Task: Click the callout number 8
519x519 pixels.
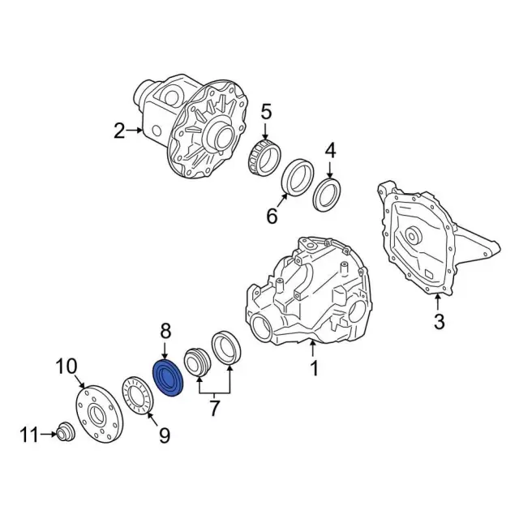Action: tap(165, 332)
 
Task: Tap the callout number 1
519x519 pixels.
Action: tap(314, 369)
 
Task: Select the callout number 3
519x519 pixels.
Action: tap(438, 321)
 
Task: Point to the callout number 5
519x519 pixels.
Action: tap(266, 112)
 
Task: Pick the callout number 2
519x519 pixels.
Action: tap(119, 131)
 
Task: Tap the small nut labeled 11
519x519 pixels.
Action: tap(66, 431)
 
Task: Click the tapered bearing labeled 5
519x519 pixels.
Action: tap(264, 158)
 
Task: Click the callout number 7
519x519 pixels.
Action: tap(214, 409)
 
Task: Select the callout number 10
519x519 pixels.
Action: tap(66, 367)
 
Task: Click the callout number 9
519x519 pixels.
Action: tap(164, 435)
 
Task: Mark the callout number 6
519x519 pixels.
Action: tap(272, 217)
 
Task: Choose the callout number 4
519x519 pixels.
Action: tap(330, 151)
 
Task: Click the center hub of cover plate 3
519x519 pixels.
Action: tap(411, 236)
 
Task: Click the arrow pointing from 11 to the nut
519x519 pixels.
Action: tap(49, 435)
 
